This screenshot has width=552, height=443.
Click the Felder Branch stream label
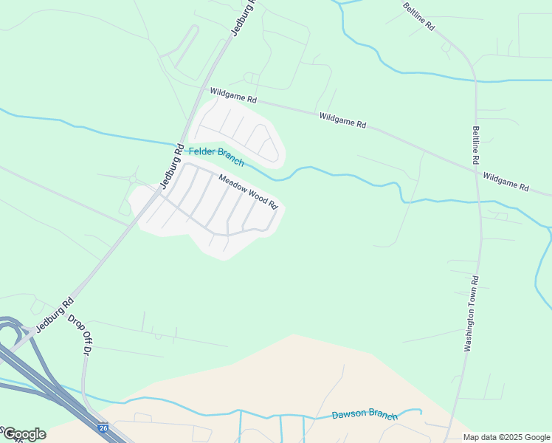tap(216, 157)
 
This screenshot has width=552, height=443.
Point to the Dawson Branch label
tap(365, 416)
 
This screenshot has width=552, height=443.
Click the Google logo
tap(24, 434)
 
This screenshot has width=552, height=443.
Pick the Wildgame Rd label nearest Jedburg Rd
tap(233, 95)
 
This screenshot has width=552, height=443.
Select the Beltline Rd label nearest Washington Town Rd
tap(476, 145)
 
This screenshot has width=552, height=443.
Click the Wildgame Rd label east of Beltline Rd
tap(506, 182)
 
